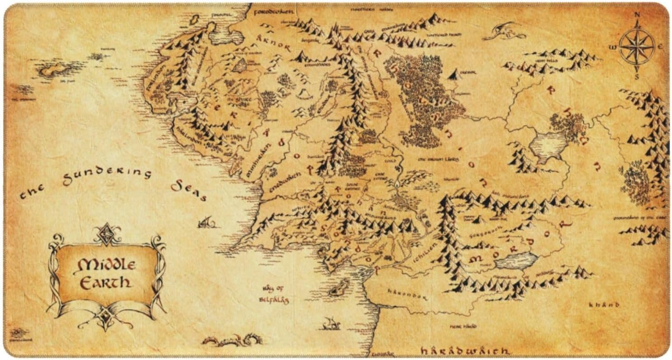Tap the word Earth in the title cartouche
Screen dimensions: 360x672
tap(105, 283)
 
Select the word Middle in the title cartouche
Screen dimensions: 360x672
tap(107, 264)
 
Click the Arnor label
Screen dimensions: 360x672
tap(273, 43)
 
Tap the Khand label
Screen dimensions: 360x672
tap(604, 305)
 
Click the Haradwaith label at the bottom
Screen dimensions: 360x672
tap(464, 350)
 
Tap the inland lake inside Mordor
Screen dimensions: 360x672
tap(516, 261)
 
